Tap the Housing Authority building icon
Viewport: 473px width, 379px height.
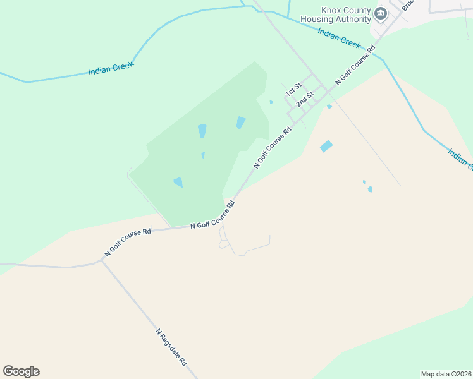click(x=381, y=14)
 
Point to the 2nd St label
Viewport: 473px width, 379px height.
click(x=305, y=99)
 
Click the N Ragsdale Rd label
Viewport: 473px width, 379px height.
click(x=171, y=347)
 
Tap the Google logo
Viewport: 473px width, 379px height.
click(x=21, y=371)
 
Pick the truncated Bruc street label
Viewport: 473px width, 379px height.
click(x=407, y=5)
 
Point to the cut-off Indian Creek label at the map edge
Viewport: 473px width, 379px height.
click(x=460, y=159)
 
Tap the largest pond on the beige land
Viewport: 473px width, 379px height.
click(x=326, y=146)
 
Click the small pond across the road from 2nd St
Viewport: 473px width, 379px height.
click(x=329, y=106)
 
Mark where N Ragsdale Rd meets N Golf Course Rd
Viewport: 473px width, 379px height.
click(x=102, y=259)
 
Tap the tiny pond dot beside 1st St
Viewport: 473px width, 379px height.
click(x=271, y=102)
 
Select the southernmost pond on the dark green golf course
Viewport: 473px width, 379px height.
click(x=178, y=183)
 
